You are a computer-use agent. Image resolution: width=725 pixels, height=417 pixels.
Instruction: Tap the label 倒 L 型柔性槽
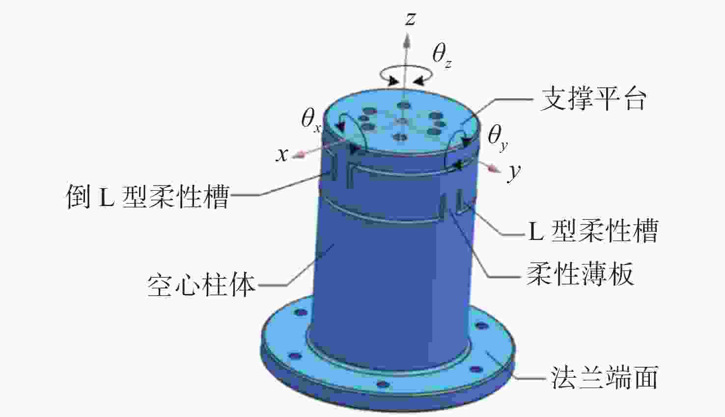coord(147,197)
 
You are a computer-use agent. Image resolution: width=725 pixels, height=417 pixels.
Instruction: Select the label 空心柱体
coord(201,285)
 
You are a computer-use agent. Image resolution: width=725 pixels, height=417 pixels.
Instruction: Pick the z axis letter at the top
coord(410,19)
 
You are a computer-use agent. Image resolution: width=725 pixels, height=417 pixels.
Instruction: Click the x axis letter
coord(281,155)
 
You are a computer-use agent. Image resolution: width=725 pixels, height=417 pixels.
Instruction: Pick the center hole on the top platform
coord(401,121)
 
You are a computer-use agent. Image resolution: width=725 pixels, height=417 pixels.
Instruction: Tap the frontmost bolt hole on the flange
coord(383,384)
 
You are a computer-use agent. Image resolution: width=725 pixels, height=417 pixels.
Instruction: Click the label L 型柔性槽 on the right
coord(592,231)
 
